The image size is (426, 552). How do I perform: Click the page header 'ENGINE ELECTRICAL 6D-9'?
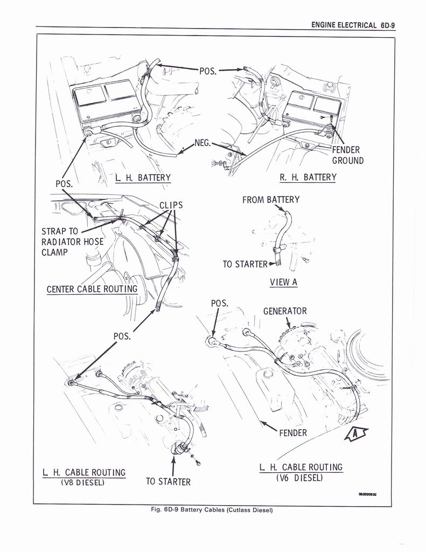353,25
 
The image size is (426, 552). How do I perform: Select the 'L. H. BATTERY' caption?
143,178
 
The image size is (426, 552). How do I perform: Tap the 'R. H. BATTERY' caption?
308,177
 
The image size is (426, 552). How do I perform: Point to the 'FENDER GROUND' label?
347,155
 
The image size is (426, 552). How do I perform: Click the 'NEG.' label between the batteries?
202,144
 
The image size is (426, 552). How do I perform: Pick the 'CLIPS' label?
171,205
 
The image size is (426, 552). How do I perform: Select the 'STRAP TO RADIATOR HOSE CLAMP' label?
72,241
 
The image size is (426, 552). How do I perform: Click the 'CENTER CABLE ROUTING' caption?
92,289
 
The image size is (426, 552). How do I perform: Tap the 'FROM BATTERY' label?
271,200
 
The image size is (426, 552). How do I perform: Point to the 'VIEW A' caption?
283,282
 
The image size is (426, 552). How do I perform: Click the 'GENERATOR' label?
285,311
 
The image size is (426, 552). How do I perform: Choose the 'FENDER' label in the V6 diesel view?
293,432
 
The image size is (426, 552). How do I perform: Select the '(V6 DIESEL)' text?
301,478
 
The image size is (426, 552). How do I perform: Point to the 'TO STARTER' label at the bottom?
168,482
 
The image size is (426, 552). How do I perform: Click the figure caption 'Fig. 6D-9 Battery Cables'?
211,510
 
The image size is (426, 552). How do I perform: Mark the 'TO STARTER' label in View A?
245,264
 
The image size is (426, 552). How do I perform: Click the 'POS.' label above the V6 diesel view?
220,303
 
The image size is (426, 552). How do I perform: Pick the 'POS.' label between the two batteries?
208,71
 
